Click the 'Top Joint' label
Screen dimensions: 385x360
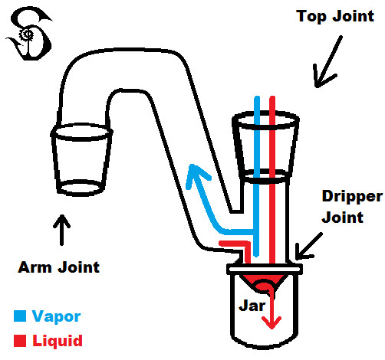coord(335,16)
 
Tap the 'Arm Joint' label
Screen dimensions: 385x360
coord(58,267)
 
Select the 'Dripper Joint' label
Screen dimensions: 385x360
coord(352,207)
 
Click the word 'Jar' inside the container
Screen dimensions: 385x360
coord(252,305)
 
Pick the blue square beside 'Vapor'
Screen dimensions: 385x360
coord(20,316)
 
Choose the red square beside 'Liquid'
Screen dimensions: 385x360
coord(20,341)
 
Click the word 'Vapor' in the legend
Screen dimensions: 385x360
coord(56,317)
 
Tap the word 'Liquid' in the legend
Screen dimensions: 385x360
coord(58,341)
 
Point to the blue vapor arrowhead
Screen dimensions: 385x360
coord(197,175)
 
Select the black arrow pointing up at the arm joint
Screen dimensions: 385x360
coord(61,230)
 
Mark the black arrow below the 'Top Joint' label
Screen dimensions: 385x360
coord(327,62)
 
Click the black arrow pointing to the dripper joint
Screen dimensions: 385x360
coord(308,247)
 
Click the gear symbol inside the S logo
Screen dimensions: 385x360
coord(26,34)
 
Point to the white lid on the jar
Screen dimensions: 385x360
coord(265,269)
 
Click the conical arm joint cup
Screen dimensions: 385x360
coord(81,159)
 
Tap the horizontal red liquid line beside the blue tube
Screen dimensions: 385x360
coord(234,244)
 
